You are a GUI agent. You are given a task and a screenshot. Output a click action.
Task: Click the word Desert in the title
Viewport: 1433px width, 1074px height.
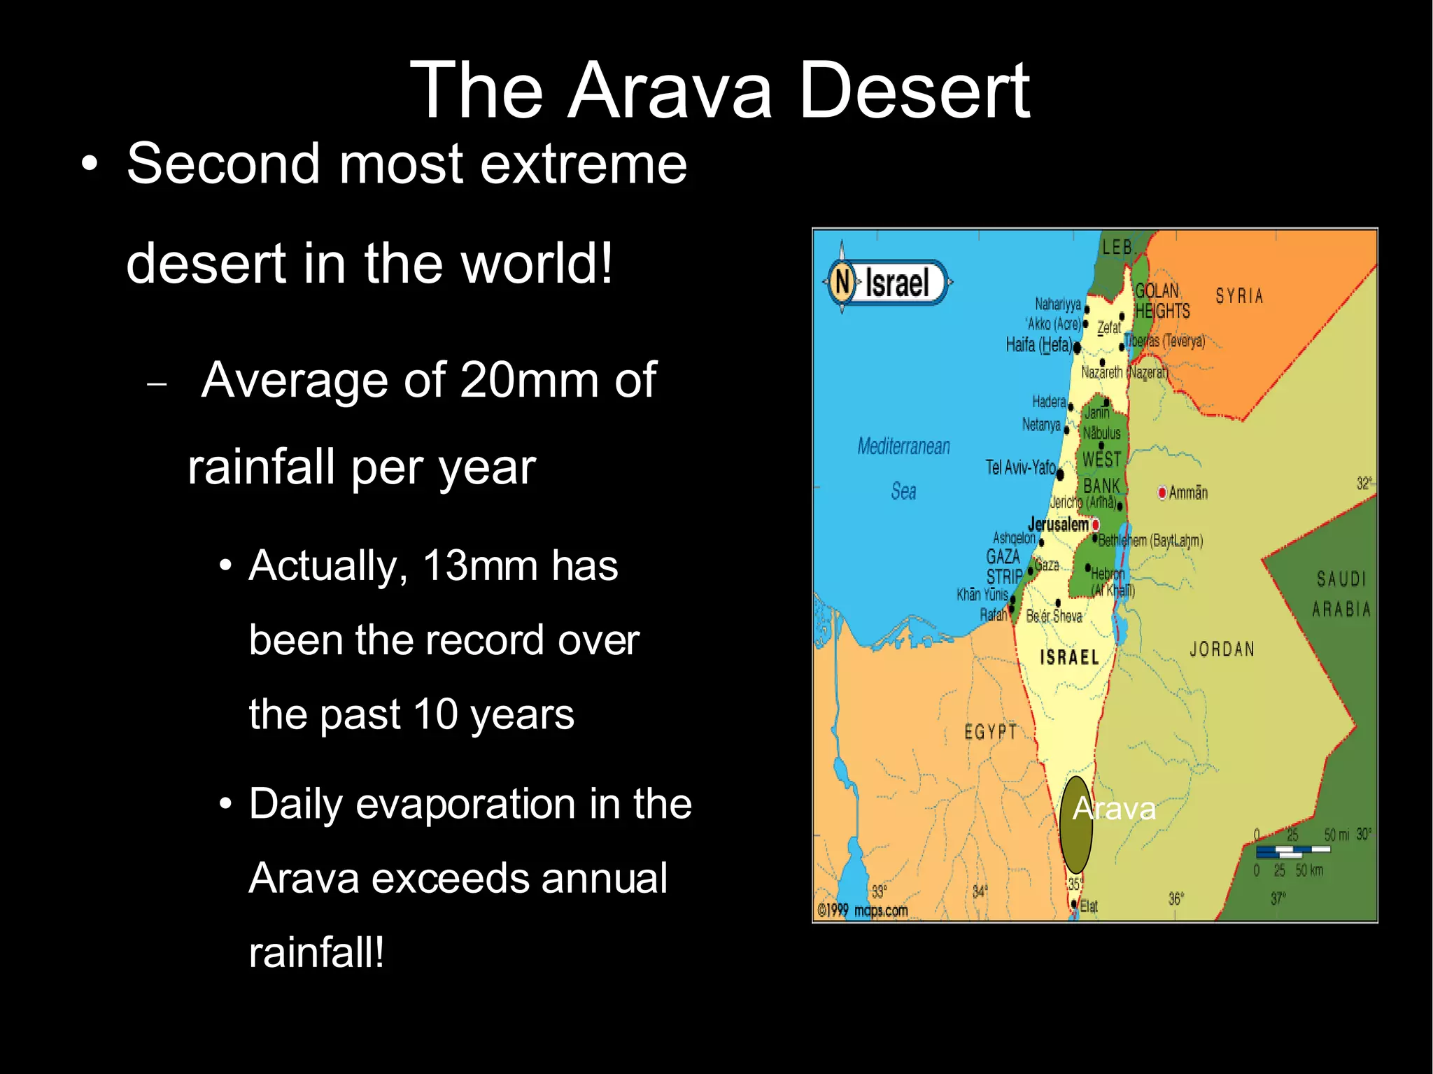(913, 91)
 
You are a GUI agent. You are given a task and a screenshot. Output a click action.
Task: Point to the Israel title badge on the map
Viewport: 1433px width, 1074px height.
(897, 283)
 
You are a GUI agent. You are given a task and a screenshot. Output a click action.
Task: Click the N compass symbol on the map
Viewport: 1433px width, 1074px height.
(842, 282)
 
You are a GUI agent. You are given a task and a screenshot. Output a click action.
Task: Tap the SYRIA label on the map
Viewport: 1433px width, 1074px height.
(1239, 297)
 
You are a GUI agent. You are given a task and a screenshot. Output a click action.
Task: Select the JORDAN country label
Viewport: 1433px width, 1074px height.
(1222, 649)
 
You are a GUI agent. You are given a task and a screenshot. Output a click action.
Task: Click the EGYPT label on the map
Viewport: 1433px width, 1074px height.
(990, 732)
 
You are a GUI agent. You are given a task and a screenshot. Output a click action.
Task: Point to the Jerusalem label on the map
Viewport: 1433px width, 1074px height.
(1058, 524)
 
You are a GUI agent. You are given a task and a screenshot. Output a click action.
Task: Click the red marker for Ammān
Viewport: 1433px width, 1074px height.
(1162, 493)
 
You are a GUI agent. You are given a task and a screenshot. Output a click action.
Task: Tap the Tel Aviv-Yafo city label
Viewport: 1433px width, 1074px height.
(1020, 467)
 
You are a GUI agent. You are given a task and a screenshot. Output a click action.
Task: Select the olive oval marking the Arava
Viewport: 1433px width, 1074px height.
(1075, 826)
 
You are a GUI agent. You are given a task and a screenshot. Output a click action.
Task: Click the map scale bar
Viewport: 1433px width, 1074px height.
(1292, 852)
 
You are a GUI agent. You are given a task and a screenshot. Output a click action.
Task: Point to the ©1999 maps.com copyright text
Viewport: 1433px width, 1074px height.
(863, 910)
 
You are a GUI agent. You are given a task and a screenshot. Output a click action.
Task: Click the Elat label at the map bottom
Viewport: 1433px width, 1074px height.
(1089, 907)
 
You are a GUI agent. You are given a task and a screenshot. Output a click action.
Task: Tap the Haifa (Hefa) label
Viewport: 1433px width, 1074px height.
(1038, 345)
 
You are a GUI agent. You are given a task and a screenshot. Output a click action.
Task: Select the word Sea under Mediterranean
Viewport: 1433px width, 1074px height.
(903, 491)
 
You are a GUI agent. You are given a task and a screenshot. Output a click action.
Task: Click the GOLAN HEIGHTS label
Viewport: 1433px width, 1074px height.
(1162, 301)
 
